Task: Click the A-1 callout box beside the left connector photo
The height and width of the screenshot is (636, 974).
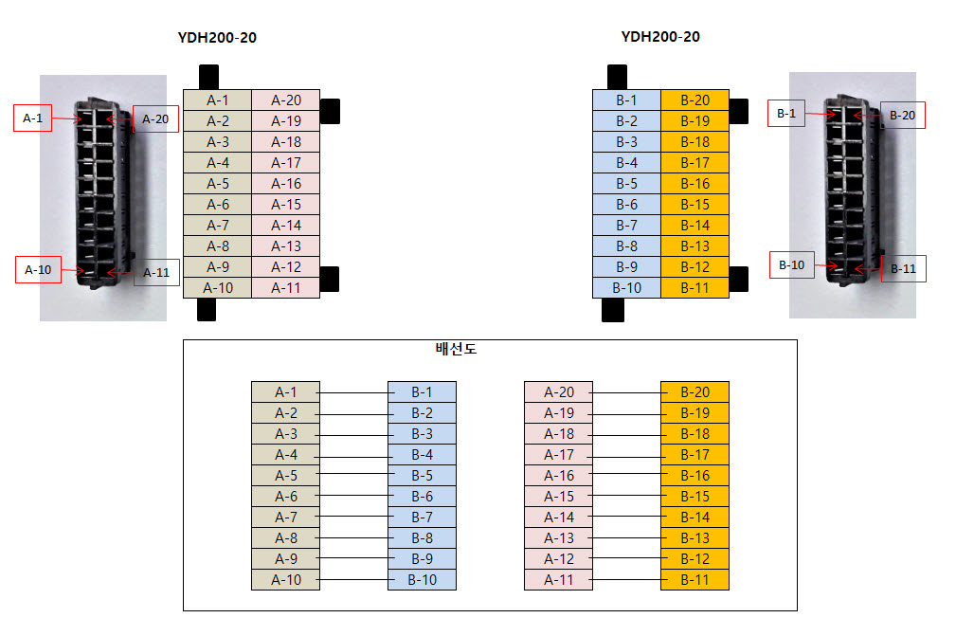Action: point(33,118)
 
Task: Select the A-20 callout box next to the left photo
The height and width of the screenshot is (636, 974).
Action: point(155,118)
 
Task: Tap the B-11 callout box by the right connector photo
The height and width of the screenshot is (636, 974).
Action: point(903,268)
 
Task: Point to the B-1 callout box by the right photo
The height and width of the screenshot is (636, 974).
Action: point(786,114)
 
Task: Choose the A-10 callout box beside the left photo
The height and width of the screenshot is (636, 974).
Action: point(38,269)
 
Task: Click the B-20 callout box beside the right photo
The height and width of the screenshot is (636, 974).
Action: point(902,115)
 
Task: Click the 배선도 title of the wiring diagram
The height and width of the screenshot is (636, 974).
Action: point(456,349)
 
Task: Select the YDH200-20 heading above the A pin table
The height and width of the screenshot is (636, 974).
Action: point(217,38)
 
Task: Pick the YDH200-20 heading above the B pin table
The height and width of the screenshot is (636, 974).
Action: point(660,37)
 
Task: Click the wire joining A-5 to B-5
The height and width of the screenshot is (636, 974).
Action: point(353,476)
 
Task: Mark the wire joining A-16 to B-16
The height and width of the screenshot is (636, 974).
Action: point(626,476)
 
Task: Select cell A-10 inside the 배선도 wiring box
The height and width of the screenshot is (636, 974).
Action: point(285,580)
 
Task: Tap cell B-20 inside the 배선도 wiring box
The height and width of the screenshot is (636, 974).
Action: point(694,392)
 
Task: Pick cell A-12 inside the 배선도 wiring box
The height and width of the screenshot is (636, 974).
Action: point(558,559)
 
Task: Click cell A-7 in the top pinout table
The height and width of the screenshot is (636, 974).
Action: point(217,226)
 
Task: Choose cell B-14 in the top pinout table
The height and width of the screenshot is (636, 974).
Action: point(694,226)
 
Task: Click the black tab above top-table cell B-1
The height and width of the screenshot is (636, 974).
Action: point(617,77)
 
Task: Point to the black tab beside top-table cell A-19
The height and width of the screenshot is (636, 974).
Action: point(331,110)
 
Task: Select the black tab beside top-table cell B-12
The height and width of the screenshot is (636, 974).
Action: point(739,278)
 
